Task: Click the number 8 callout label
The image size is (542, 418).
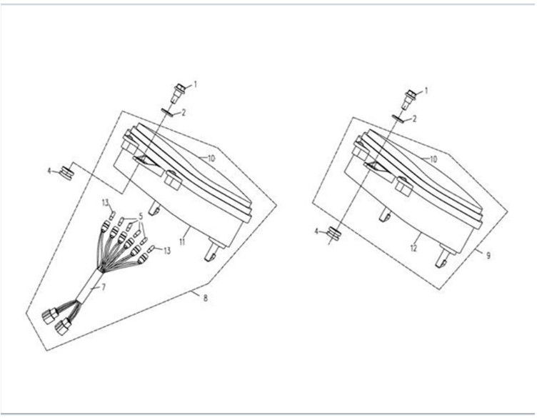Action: click(206, 298)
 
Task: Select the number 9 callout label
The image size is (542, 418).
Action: click(488, 256)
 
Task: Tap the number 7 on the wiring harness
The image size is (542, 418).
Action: click(103, 287)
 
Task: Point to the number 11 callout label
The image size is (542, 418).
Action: click(182, 242)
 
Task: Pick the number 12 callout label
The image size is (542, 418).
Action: click(413, 247)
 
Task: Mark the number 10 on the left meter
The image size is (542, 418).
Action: click(211, 159)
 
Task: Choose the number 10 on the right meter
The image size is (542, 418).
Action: click(433, 159)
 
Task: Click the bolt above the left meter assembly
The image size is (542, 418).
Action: click(178, 93)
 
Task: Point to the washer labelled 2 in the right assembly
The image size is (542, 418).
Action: click(399, 119)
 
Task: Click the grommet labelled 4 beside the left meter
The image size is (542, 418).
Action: click(66, 171)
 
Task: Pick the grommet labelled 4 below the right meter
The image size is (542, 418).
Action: click(333, 234)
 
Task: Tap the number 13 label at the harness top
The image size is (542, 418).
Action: click(105, 203)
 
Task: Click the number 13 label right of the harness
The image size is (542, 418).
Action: click(167, 250)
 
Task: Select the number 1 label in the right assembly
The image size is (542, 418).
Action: click(426, 91)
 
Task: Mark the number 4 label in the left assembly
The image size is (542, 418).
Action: click(49, 171)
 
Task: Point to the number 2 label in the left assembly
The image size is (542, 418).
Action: click(184, 112)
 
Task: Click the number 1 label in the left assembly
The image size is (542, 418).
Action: click(195, 84)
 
